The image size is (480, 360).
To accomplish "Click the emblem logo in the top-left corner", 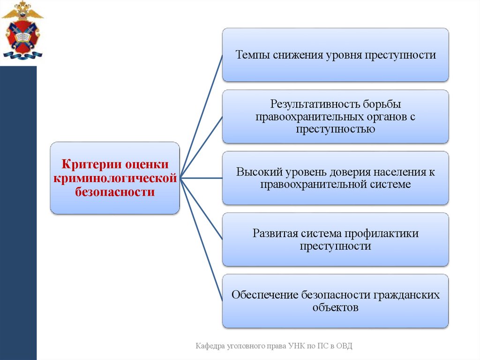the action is point(22,31).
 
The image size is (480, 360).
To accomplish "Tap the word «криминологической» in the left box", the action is point(115,178).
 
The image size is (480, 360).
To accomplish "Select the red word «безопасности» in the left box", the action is point(115,191).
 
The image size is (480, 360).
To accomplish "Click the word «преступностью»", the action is point(335,129).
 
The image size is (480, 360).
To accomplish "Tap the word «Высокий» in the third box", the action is point(255,172).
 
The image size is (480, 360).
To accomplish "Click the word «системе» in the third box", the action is point(390,184).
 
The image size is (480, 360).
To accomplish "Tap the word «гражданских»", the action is point(406,295).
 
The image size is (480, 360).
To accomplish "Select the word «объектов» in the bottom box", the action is point(335,308).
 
